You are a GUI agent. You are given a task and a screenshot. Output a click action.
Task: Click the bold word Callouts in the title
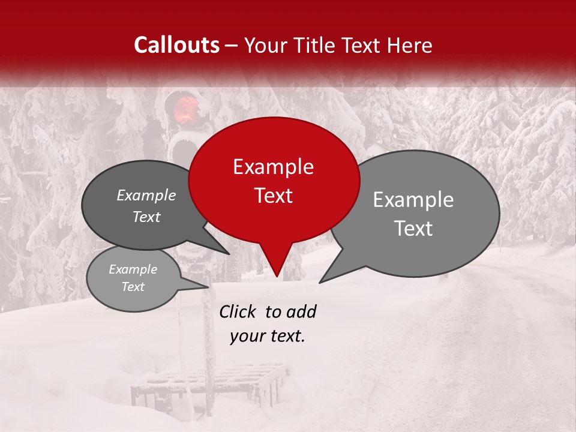pos(176,45)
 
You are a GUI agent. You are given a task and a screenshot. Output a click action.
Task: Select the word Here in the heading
pos(409,45)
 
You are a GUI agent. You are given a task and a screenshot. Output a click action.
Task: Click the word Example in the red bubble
pos(273,167)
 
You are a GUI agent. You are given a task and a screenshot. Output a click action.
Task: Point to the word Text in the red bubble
pos(273,196)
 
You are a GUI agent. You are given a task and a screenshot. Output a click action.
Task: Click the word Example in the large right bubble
pos(413,200)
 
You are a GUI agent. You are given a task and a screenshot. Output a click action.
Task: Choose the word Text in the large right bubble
pos(413,229)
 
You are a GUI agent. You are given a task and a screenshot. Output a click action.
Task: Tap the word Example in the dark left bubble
pos(146,195)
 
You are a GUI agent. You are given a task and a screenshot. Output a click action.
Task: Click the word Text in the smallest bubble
pos(133,287)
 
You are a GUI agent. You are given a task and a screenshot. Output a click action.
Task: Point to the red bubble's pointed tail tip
pos(276,275)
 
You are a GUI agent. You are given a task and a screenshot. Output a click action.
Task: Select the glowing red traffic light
pos(186,109)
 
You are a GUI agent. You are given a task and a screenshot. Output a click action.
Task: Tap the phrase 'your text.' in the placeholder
pos(268,336)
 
